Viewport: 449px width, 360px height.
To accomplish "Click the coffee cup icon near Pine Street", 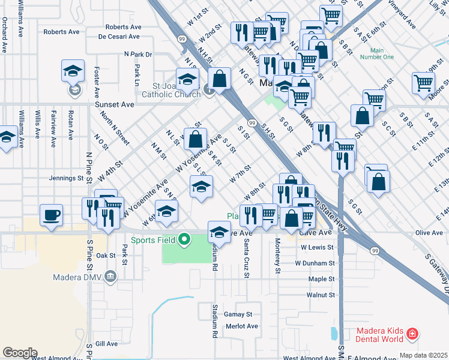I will (52, 214).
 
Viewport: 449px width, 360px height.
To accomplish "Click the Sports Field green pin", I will (185, 240).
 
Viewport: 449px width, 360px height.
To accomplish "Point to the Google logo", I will (19, 353).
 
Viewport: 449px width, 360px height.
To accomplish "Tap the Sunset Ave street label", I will (115, 104).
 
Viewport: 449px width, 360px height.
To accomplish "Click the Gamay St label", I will (238, 314).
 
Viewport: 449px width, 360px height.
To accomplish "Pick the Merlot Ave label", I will (241, 326).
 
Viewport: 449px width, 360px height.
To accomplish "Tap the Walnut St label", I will (320, 295).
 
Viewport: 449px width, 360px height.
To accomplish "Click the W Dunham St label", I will (315, 263).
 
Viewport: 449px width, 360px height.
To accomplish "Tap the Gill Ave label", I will (107, 344).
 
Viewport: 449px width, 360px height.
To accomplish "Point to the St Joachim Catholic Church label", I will (171, 90).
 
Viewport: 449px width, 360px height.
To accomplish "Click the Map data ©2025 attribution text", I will (423, 355).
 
